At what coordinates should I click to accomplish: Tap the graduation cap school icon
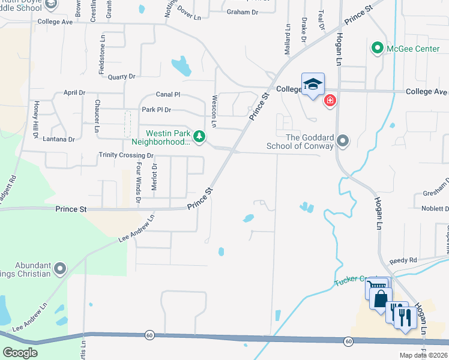click(313, 85)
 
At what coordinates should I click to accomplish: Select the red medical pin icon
click(330, 100)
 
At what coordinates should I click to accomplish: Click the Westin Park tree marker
click(199, 138)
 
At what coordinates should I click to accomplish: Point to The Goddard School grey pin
click(343, 142)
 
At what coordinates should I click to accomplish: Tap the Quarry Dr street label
click(122, 77)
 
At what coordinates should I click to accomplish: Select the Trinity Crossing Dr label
click(127, 155)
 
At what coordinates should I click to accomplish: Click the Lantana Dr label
click(59, 139)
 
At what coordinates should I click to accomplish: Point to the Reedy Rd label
click(403, 261)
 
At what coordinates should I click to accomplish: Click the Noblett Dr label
click(431, 208)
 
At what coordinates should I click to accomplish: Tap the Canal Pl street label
click(168, 95)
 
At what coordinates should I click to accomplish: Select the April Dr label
click(74, 93)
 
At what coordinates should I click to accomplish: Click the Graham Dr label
click(243, 12)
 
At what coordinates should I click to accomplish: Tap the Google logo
click(20, 353)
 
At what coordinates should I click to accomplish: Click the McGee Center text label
click(414, 48)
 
